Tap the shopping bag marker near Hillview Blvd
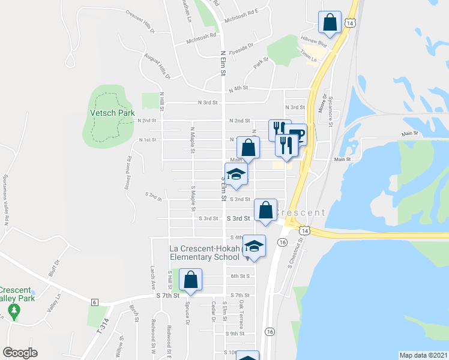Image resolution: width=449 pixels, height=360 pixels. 330,23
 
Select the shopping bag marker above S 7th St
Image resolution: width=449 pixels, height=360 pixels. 191,280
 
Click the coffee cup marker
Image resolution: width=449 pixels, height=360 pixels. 297,133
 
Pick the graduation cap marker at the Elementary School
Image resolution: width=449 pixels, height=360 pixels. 254,246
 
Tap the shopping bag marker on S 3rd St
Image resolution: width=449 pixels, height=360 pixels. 265,210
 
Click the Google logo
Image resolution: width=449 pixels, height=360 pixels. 20,353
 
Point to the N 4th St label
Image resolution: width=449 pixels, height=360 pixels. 239,88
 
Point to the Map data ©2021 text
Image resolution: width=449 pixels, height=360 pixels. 424,355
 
